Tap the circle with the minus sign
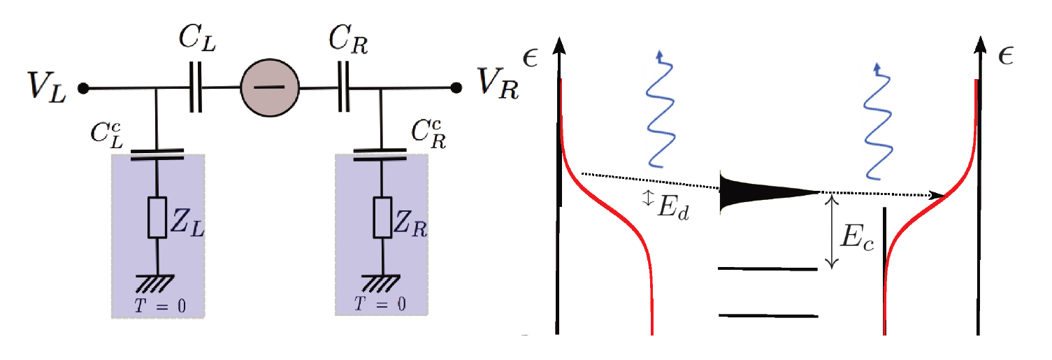(270, 88)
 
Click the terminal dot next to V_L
(82, 89)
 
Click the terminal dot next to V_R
(457, 88)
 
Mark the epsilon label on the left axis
(531, 57)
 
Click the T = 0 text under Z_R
(380, 304)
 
